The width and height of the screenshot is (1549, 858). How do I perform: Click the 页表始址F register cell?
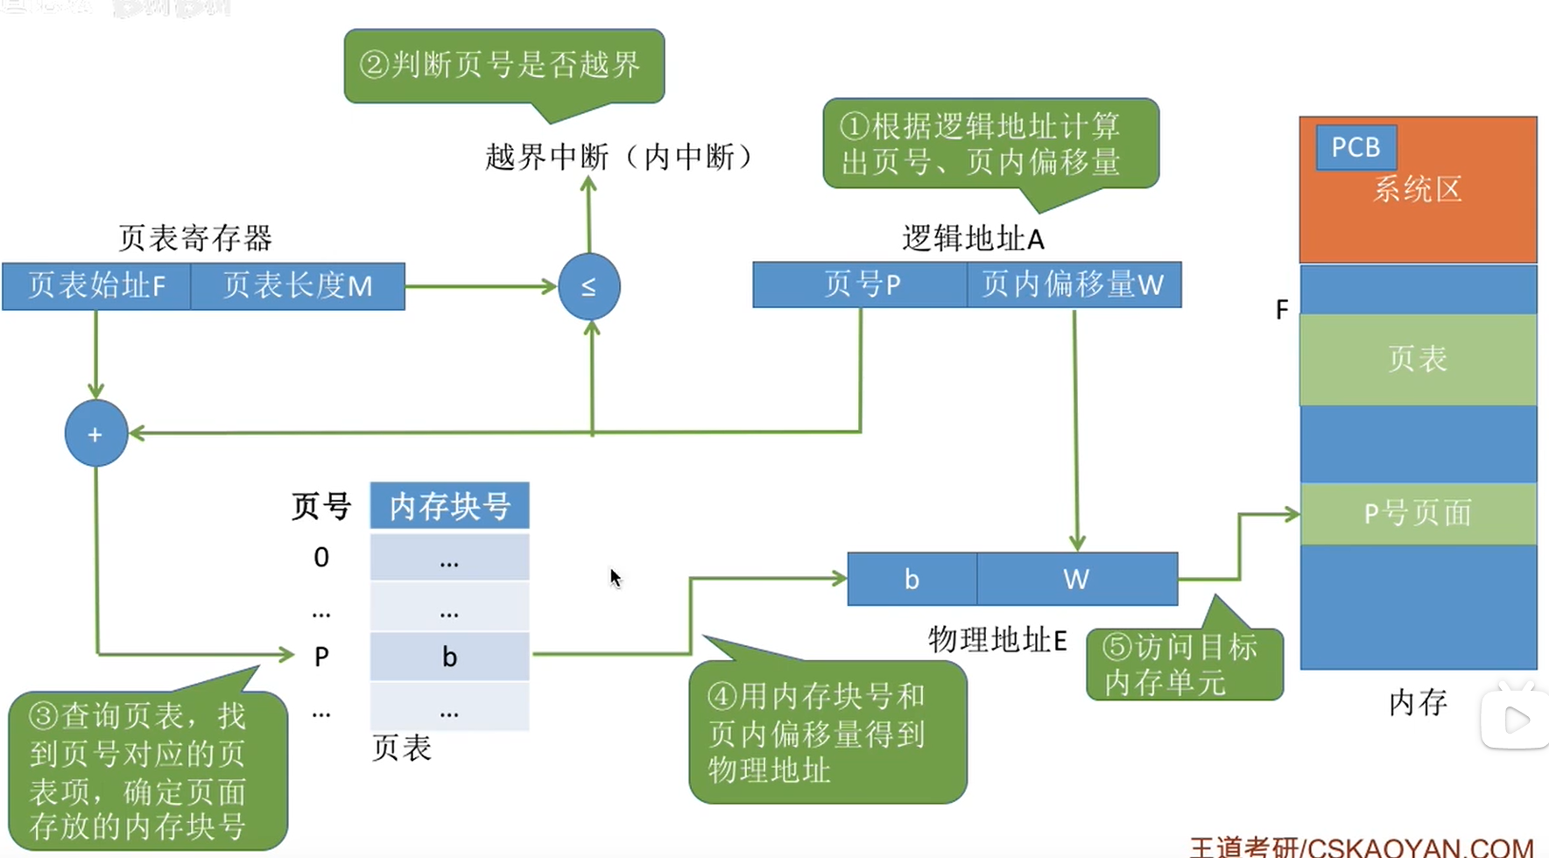click(96, 286)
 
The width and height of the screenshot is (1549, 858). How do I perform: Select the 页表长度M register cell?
click(298, 286)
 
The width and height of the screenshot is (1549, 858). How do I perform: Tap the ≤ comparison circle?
click(589, 286)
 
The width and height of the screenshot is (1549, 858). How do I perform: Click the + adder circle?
click(96, 433)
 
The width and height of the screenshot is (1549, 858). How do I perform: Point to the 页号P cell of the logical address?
click(861, 285)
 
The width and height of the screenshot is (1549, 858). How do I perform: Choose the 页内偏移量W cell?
click(1074, 285)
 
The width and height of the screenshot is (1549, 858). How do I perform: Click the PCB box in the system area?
click(1355, 147)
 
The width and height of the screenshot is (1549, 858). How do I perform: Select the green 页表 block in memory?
click(1418, 359)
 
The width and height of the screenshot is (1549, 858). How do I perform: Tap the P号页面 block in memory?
click(1418, 513)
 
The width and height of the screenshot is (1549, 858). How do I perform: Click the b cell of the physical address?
click(912, 580)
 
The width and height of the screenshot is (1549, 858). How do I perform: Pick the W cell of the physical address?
click(1076, 580)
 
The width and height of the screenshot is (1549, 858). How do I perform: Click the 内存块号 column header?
click(449, 506)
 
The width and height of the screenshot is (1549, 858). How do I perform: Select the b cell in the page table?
click(449, 657)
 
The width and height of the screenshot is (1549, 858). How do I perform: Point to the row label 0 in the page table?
click(321, 558)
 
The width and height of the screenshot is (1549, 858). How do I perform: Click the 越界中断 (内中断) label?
click(619, 158)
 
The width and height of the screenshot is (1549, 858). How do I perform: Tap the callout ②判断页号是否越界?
click(503, 66)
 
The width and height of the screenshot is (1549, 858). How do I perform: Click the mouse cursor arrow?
click(615, 577)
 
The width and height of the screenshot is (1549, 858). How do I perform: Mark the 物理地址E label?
click(997, 641)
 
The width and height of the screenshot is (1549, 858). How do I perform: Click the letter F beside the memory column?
click(1282, 310)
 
